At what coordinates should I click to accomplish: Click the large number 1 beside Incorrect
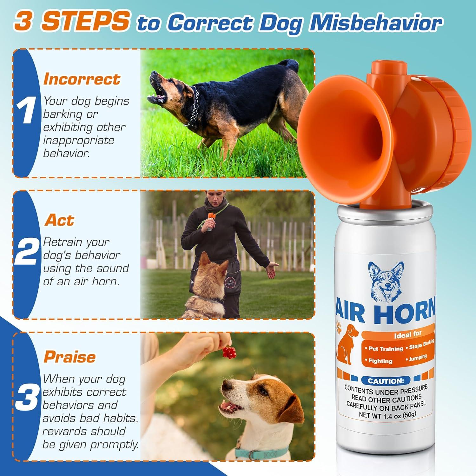point(26,111)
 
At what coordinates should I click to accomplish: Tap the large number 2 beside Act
point(26,252)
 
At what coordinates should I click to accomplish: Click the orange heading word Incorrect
point(82,79)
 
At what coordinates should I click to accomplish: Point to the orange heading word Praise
point(69,357)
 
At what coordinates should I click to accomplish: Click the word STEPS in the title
point(86,22)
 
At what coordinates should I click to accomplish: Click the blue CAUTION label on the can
point(386,381)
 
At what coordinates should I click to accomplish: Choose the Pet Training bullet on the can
point(385,349)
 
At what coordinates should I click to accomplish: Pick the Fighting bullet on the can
point(380,361)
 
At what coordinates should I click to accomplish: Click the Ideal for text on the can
point(408,334)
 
